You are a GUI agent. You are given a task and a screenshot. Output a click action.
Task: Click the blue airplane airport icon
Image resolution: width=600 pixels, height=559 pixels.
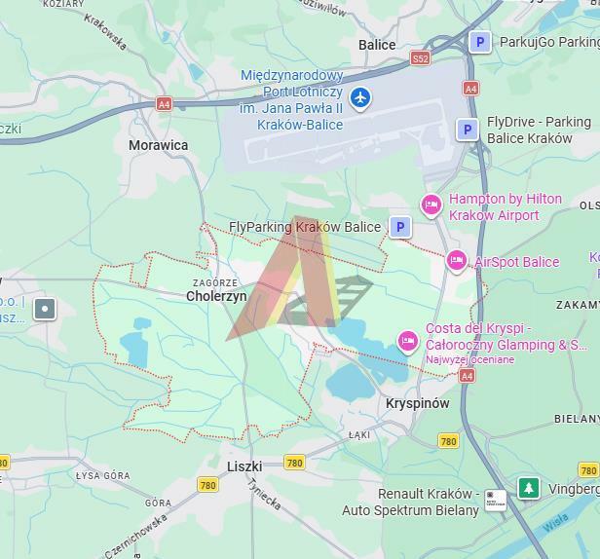click(360, 97)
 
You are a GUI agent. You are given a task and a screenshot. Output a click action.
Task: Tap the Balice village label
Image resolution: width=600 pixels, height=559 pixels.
click(377, 45)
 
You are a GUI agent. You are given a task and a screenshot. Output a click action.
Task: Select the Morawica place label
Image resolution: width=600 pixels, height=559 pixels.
click(159, 145)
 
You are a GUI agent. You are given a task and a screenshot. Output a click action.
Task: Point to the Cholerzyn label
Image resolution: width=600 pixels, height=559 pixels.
click(216, 296)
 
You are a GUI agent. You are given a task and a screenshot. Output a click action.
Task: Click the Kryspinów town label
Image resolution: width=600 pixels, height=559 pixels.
click(417, 403)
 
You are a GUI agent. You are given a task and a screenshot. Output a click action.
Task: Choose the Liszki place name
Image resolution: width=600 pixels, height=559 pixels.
click(244, 466)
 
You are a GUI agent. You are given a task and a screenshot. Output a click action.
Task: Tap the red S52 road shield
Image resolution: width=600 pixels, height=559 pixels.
click(420, 58)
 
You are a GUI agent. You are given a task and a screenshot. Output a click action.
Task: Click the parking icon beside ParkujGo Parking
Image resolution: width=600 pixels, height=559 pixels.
click(479, 42)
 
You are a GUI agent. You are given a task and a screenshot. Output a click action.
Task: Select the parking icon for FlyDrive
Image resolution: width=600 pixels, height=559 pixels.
click(468, 130)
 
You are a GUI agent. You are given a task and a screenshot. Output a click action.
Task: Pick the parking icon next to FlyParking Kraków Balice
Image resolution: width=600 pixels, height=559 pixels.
click(399, 227)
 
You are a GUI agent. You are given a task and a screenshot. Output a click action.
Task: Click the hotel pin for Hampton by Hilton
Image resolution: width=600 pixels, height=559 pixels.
click(431, 205)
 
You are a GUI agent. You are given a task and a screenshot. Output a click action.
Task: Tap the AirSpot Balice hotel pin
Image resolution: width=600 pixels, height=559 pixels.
click(456, 260)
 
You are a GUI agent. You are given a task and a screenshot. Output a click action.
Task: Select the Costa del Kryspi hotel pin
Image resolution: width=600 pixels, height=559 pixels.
click(407, 341)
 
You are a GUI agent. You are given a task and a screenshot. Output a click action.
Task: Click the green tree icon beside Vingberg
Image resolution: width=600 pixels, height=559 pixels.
click(528, 488)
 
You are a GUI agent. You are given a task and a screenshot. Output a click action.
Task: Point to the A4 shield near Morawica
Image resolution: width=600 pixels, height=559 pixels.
click(164, 104)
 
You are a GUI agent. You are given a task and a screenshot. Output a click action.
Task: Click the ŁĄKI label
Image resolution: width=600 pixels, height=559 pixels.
click(359, 435)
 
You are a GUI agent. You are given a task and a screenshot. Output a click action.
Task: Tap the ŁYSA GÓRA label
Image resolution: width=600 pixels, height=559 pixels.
click(102, 475)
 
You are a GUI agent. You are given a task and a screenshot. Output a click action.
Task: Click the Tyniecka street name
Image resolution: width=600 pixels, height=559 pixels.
click(263, 495)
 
